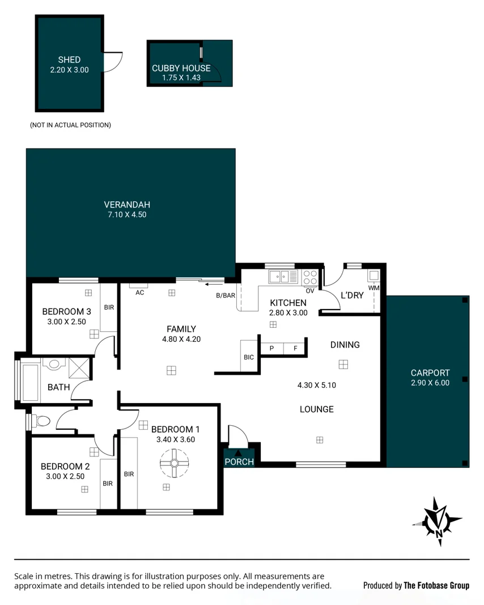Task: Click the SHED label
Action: coord(69,60)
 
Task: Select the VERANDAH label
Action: coord(127,205)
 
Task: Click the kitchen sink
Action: coord(280,277)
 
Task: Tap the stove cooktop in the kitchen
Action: coord(310,277)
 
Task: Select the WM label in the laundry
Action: coord(373,288)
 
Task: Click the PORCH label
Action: coord(239,462)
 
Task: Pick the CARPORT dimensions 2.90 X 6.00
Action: coord(430,383)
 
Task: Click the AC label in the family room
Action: coord(139,293)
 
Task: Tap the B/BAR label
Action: coord(225,295)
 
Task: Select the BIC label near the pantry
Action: coord(248,357)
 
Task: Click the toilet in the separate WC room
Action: coord(41,421)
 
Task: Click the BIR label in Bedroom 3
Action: coord(108,307)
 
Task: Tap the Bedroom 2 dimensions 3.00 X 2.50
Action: coord(65,476)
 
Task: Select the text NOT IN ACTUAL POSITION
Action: coord(70,125)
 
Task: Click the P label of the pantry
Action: coord(271,348)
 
